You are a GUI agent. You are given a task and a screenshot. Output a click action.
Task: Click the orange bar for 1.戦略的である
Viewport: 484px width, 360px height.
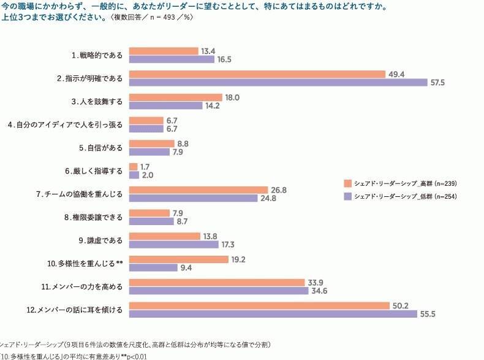point(164,52)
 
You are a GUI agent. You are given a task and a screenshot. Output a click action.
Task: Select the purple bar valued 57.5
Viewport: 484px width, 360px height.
point(278,83)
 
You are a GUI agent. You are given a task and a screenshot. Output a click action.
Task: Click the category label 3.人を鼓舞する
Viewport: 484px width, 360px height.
point(96,101)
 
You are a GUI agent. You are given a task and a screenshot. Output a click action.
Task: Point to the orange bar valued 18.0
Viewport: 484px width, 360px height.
point(176,98)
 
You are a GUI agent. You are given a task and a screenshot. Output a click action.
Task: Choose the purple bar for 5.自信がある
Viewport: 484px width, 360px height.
point(149,152)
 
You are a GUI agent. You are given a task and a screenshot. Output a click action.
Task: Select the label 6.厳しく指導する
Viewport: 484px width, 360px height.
point(94,170)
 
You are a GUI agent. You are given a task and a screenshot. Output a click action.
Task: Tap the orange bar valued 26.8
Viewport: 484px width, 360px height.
point(199,190)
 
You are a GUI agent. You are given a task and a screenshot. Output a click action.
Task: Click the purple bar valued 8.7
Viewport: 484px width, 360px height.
point(151,221)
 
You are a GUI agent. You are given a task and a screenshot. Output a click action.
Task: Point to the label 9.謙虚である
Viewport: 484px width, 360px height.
point(96,240)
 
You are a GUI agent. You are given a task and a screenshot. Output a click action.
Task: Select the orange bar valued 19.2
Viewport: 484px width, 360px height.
point(179,259)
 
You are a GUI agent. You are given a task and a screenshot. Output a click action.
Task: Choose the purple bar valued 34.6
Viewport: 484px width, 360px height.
point(219,291)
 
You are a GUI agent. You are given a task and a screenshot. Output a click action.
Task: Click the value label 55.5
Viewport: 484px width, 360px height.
point(427,314)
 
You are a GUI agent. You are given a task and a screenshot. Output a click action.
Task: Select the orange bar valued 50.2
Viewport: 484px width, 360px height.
point(259,305)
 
